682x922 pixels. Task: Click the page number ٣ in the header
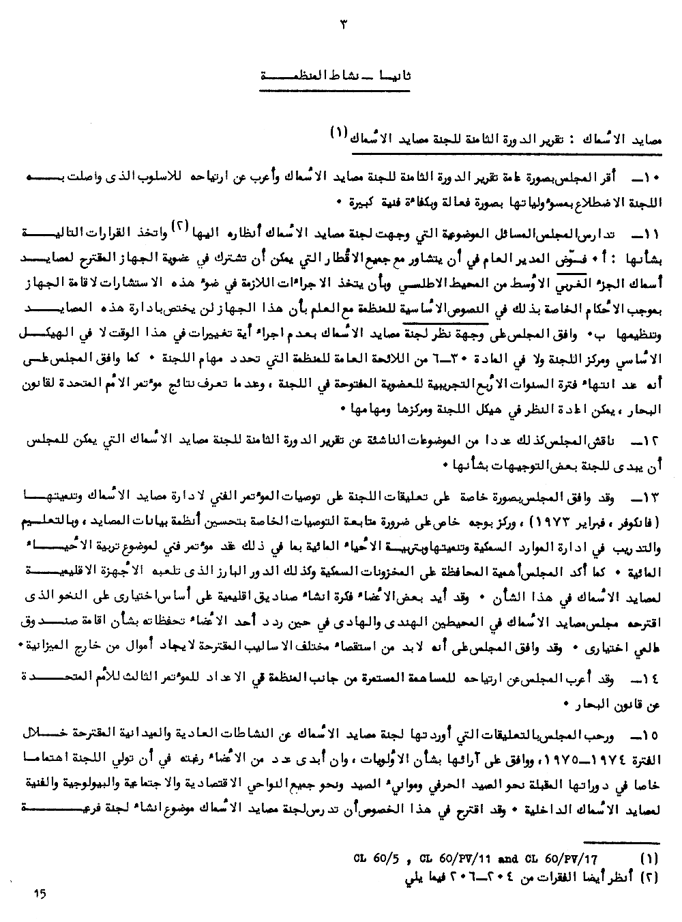[343, 25]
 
